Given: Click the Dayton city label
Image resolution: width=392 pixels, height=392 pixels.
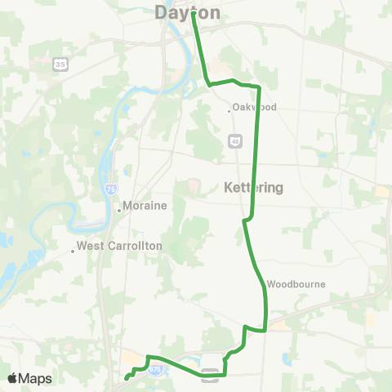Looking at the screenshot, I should (x=187, y=12).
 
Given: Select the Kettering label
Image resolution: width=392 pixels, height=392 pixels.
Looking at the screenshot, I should (x=253, y=187).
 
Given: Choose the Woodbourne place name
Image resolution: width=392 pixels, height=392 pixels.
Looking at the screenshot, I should (x=296, y=284).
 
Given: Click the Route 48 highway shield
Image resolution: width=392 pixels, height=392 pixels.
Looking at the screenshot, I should (x=234, y=140).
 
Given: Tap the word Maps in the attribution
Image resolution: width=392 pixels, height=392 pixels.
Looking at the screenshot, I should (x=36, y=378).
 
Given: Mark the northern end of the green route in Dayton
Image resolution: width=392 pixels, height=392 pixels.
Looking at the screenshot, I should (x=194, y=14).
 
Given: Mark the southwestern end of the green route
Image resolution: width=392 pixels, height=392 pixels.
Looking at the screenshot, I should (x=126, y=378).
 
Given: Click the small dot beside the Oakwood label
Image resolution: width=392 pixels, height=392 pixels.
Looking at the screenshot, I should (x=229, y=106).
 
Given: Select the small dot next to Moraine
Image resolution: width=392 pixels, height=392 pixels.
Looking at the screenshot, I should (x=119, y=208).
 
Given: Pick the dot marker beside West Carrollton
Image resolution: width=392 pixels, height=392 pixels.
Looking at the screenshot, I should (x=73, y=251).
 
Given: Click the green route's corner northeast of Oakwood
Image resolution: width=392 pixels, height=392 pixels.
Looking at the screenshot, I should (x=259, y=86).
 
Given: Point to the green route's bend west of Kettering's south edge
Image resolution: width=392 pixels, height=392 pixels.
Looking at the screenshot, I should (x=244, y=220).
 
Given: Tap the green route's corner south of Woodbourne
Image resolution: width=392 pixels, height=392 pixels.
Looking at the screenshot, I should (x=266, y=330).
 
